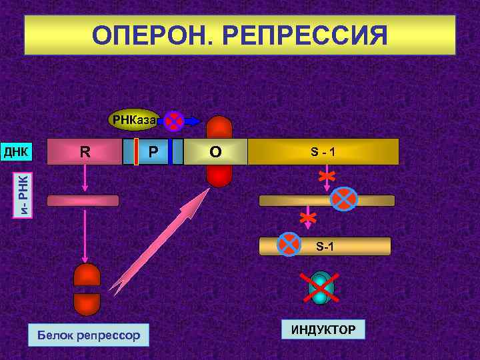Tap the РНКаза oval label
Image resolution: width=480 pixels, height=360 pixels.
click(x=134, y=121)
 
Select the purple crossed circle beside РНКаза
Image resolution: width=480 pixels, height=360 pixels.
click(x=173, y=121)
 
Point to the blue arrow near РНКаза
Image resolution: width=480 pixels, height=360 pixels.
click(x=192, y=121)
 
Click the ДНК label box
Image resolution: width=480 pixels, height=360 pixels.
click(x=15, y=151)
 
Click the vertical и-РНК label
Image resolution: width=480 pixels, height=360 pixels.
click(x=23, y=193)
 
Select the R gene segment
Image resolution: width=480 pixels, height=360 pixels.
click(x=85, y=151)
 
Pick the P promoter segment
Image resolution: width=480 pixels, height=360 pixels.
click(x=153, y=151)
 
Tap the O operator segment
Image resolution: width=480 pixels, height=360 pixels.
click(x=215, y=151)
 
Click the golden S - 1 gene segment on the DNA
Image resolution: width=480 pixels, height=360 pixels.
click(x=323, y=151)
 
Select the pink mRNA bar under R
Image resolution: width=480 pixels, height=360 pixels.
click(x=83, y=201)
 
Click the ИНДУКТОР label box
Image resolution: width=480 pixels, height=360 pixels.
click(x=323, y=329)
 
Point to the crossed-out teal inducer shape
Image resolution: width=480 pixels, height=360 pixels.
click(x=322, y=288)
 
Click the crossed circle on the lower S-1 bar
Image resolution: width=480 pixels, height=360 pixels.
click(x=289, y=244)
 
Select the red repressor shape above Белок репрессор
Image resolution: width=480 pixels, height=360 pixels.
click(x=87, y=289)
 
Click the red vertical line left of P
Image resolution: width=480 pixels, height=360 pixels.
click(x=136, y=151)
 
